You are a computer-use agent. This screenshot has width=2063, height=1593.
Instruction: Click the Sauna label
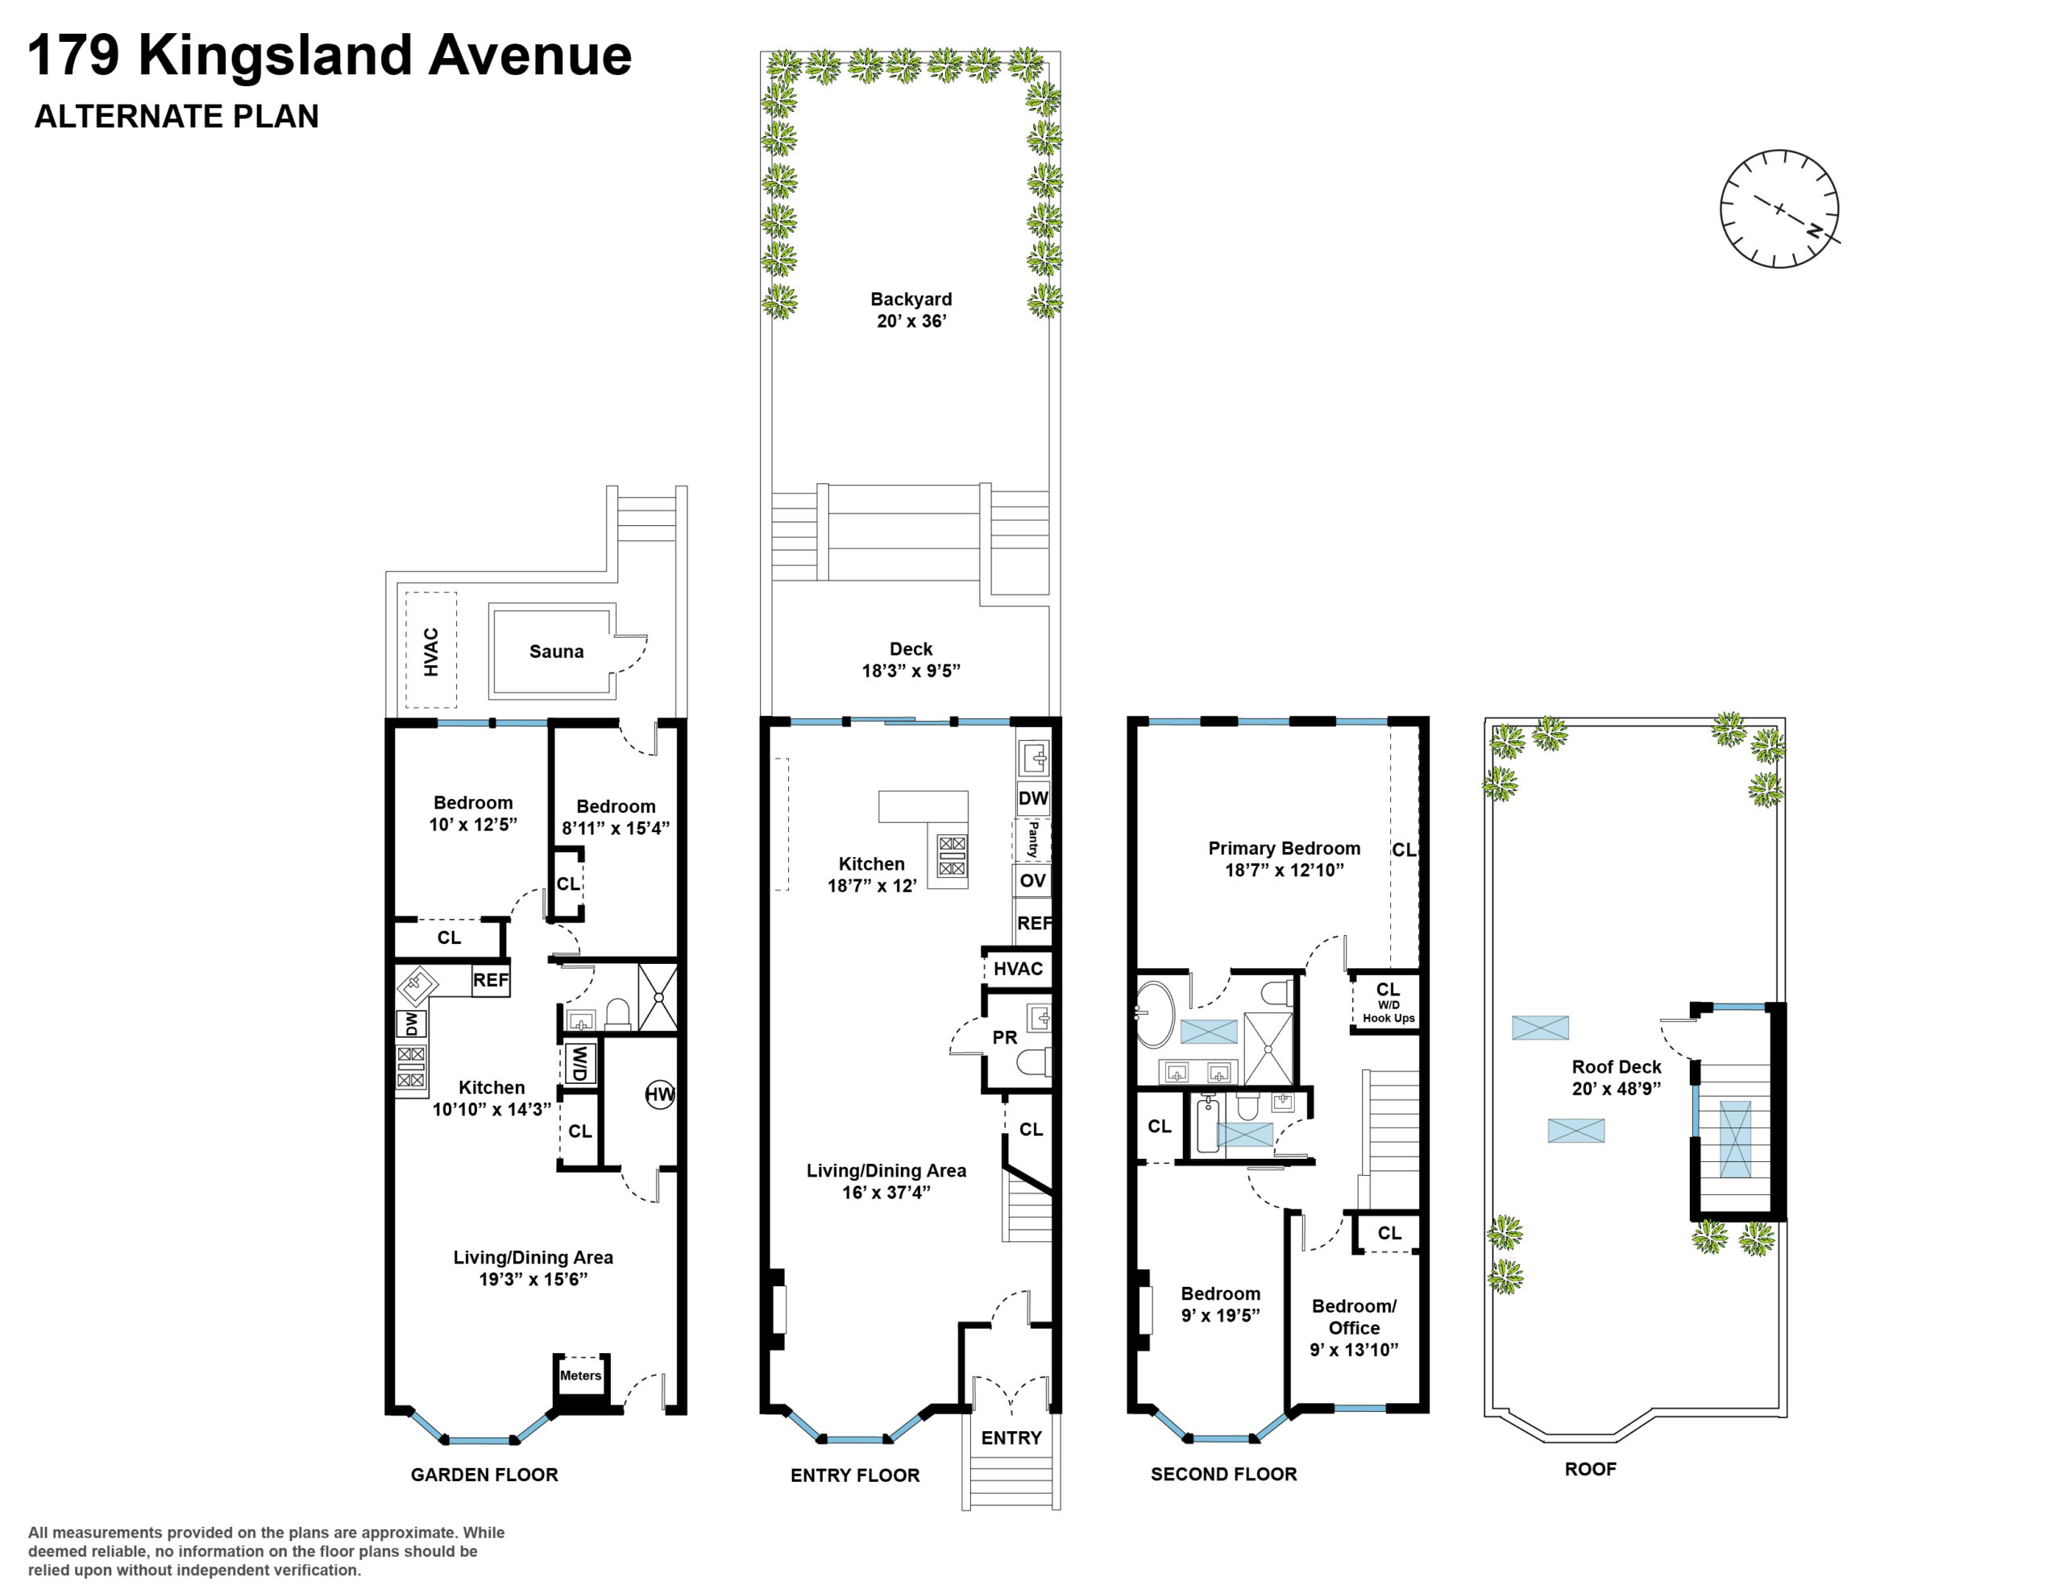555,652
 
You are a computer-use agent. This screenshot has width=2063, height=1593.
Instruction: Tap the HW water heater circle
659,1094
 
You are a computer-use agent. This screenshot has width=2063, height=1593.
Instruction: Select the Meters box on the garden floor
580,1376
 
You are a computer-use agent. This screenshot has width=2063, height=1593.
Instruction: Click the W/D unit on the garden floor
579,1063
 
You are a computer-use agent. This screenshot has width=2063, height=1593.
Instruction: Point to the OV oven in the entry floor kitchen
1032,881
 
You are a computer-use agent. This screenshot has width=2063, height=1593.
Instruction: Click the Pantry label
1032,838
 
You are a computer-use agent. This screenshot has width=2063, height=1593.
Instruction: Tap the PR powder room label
1004,1038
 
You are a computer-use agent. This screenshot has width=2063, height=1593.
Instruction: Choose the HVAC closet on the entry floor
1017,969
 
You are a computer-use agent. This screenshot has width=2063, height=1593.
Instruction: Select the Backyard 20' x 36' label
911,310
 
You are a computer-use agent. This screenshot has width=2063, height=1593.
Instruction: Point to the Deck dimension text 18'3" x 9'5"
911,670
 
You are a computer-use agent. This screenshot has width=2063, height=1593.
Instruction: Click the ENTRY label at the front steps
1011,1438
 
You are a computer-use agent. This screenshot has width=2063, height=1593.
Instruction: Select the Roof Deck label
1617,1067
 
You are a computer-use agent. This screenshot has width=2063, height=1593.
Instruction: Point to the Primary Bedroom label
1284,848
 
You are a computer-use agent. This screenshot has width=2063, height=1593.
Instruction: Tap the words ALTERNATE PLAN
176,116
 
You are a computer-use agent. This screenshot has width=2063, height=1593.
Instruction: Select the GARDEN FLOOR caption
484,1474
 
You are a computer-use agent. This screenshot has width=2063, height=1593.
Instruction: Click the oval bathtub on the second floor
1153,1015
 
